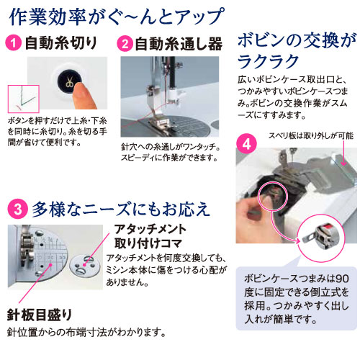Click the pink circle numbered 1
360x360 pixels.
[x=14, y=42]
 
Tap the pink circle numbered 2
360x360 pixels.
[x=125, y=43]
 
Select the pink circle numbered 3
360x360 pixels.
[x=17, y=209]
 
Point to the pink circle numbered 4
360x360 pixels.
[x=246, y=144]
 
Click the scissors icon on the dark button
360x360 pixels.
[x=70, y=82]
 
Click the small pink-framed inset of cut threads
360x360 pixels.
[x=24, y=99]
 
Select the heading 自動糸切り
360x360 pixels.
[x=61, y=43]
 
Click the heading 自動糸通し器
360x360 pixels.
[x=179, y=44]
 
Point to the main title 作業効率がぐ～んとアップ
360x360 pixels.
[x=117, y=17]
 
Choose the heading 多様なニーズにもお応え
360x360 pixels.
[x=121, y=210]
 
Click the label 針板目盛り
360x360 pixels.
[x=40, y=315]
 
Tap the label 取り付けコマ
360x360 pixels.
[x=148, y=243]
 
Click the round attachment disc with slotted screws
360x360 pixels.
[x=85, y=266]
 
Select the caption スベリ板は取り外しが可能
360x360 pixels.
[x=311, y=135]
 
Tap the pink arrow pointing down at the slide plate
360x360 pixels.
[x=343, y=153]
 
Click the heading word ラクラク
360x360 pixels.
[x=268, y=61]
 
